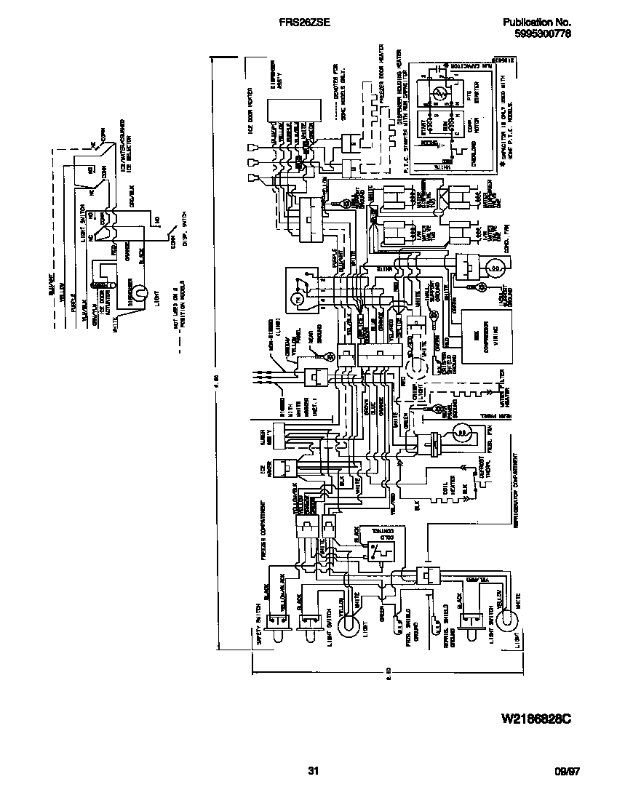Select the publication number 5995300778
click(543, 33)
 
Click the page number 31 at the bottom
click(314, 771)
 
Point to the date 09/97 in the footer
click(568, 772)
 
